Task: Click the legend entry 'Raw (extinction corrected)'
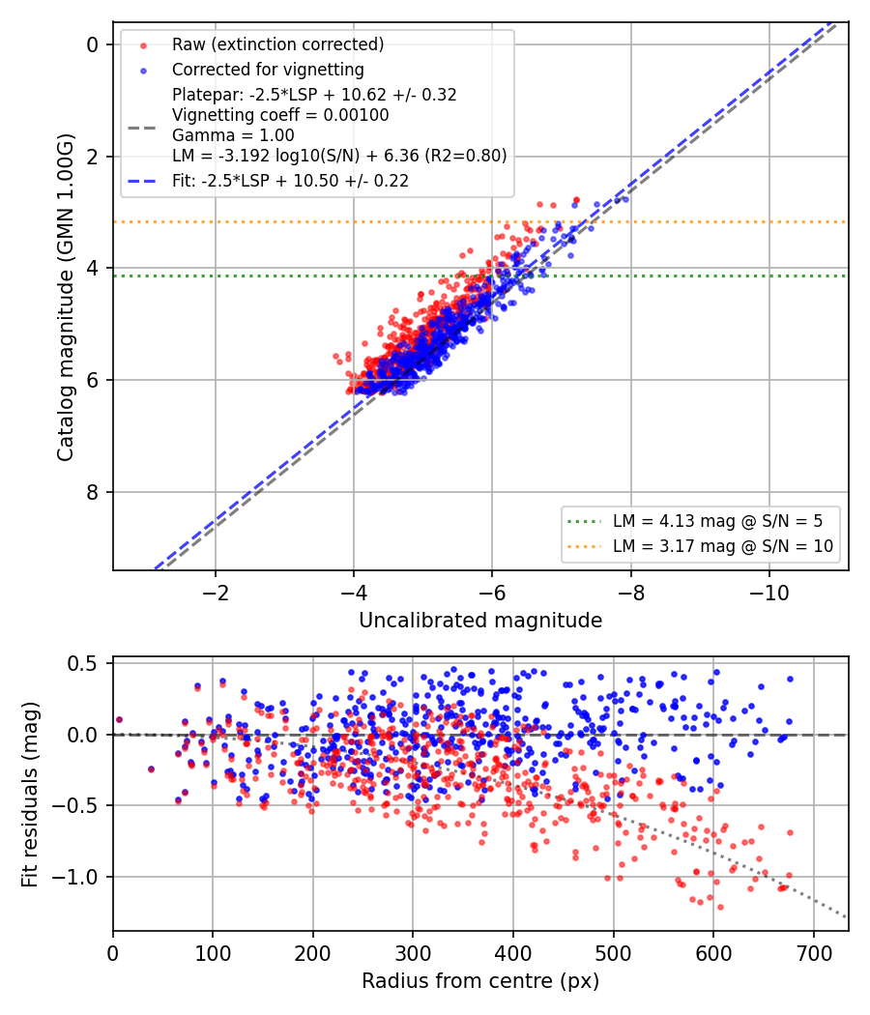point(277,44)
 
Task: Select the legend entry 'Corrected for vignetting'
point(268,70)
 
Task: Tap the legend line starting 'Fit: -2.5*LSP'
point(290,181)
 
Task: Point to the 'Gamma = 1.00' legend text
point(233,135)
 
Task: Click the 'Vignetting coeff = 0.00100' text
point(280,115)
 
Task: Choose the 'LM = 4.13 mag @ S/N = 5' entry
point(717,521)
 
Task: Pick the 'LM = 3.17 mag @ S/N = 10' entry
point(722,546)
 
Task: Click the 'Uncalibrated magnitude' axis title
point(480,621)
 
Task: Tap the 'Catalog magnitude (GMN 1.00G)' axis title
point(66,298)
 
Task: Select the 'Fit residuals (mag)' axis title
point(30,795)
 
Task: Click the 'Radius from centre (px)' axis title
point(480,981)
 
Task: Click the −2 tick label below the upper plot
point(215,593)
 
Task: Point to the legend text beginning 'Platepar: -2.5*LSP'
point(314,95)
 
